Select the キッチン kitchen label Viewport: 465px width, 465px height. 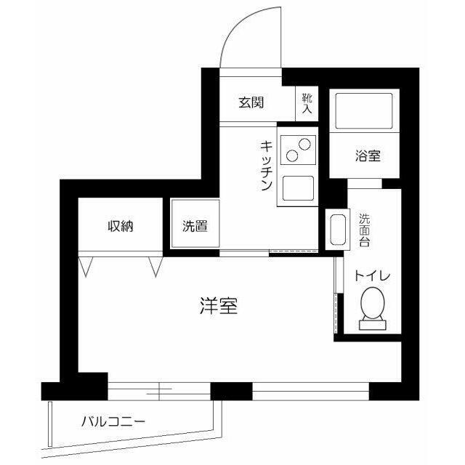pyautogui.click(x=266, y=165)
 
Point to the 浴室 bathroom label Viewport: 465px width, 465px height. pyautogui.click(x=367, y=155)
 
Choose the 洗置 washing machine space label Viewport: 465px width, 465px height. pyautogui.click(x=194, y=226)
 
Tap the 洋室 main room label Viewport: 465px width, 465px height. pyautogui.click(x=218, y=306)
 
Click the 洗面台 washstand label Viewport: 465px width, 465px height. pyautogui.click(x=365, y=229)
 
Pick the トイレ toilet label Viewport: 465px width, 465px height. pyautogui.click(x=373, y=275)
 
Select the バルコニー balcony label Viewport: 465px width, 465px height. pyautogui.click(x=113, y=421)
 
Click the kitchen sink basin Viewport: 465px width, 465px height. pyautogui.click(x=296, y=190)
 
